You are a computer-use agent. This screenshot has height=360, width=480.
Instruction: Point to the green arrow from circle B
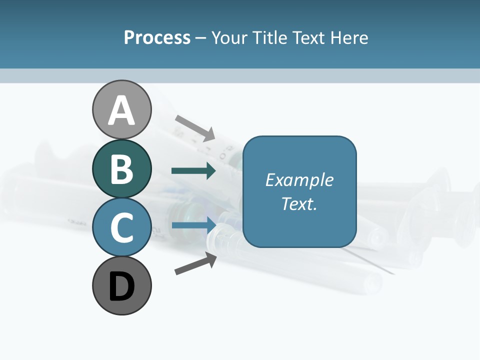(x=193, y=171)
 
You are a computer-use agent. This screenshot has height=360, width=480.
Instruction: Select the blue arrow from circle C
(x=193, y=225)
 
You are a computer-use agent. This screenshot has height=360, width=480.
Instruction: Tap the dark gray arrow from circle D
(x=195, y=263)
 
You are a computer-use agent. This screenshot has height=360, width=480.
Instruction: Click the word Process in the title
(x=157, y=38)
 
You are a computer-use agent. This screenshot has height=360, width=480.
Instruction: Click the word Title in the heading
(x=270, y=38)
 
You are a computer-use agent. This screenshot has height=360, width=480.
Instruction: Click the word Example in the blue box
(x=299, y=180)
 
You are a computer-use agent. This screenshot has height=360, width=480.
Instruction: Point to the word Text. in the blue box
(x=299, y=204)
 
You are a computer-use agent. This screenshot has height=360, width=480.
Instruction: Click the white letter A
(x=121, y=110)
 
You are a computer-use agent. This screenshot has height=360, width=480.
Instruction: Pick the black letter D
(x=121, y=287)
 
